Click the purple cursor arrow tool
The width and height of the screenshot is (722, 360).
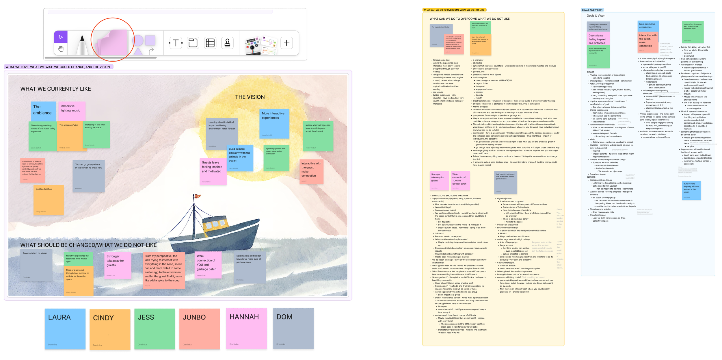(x=61, y=37)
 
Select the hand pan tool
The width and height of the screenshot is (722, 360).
(x=61, y=49)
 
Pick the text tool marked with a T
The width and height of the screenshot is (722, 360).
(x=176, y=43)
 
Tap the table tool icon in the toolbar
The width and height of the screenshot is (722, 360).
(x=210, y=43)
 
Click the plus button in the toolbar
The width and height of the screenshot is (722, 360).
(x=286, y=43)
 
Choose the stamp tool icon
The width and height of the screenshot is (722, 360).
(x=227, y=43)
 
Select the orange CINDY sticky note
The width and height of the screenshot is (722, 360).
(x=110, y=329)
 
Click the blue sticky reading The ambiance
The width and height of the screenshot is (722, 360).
(x=43, y=111)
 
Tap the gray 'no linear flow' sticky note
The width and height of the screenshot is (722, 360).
(x=88, y=176)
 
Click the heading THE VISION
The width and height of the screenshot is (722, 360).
(x=250, y=97)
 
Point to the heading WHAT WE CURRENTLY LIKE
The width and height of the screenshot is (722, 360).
(x=55, y=89)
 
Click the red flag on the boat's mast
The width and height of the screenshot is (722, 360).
(x=197, y=196)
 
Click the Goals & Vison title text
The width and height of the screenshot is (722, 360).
(x=596, y=16)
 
